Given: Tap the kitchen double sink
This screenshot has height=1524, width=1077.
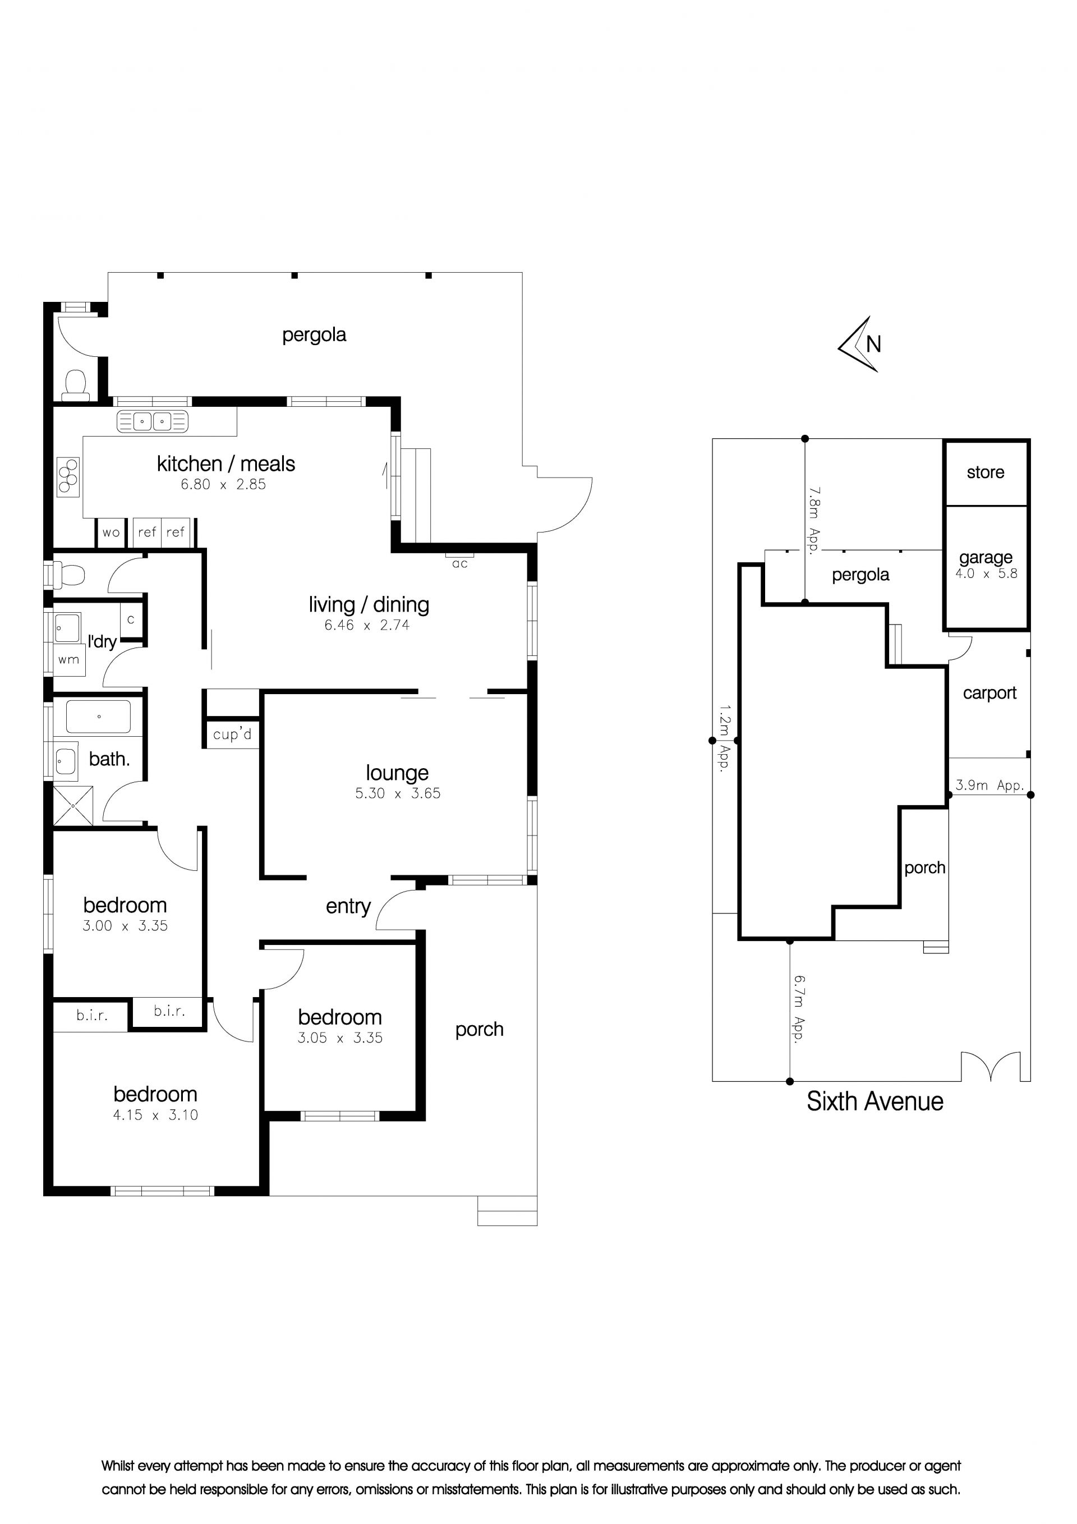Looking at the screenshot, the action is pos(153,421).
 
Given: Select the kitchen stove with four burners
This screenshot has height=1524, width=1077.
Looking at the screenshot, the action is pos(68,476).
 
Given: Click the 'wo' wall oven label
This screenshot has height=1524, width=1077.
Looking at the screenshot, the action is pos(111,533).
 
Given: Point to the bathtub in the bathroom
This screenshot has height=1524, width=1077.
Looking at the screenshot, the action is pos(98,717).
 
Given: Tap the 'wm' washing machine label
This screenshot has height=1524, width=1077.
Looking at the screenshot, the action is pos(68,660).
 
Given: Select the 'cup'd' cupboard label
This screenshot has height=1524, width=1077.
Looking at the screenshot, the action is pos(232,735).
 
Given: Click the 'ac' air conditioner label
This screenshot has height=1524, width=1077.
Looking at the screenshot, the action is pos(460,564).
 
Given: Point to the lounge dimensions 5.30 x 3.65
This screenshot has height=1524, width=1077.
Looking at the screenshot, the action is pos(398,793).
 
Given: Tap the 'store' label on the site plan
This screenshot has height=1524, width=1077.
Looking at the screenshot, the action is pos(986,472).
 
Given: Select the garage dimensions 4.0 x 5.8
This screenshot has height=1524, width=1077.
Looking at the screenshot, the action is pos(986,573).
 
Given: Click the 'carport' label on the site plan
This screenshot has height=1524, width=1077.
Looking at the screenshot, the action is pos(989,693).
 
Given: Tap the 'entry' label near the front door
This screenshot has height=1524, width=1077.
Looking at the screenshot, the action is pos(348,907).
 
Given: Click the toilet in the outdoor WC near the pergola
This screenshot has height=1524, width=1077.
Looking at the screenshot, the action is pos(76,385).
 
